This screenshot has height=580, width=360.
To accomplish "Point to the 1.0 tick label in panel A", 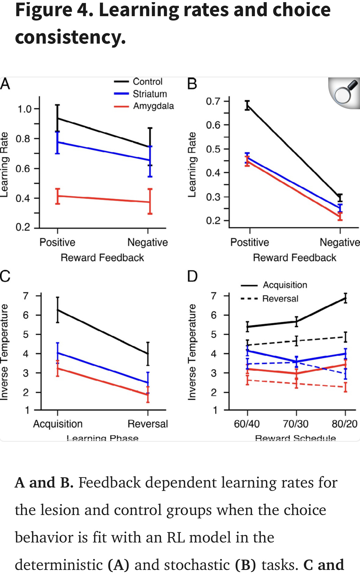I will (24, 109).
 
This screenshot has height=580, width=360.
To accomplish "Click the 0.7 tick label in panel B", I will (213, 101).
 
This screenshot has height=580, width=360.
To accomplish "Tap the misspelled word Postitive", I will (249, 242).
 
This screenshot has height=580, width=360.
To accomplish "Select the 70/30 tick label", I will (296, 424).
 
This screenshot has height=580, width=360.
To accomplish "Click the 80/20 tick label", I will (344, 424).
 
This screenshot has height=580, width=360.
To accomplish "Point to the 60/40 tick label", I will (247, 424).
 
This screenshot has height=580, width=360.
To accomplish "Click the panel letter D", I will (192, 276).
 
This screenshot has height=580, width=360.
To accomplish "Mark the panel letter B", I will (192, 84).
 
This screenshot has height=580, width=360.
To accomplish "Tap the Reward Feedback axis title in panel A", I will (102, 258).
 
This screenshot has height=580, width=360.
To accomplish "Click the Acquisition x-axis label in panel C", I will (58, 424).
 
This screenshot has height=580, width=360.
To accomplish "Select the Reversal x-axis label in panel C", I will (148, 424).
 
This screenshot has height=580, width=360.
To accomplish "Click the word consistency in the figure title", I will (70, 37).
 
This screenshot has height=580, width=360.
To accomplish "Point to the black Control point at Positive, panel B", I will (248, 106).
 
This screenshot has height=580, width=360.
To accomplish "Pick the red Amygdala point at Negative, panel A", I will (150, 202).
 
